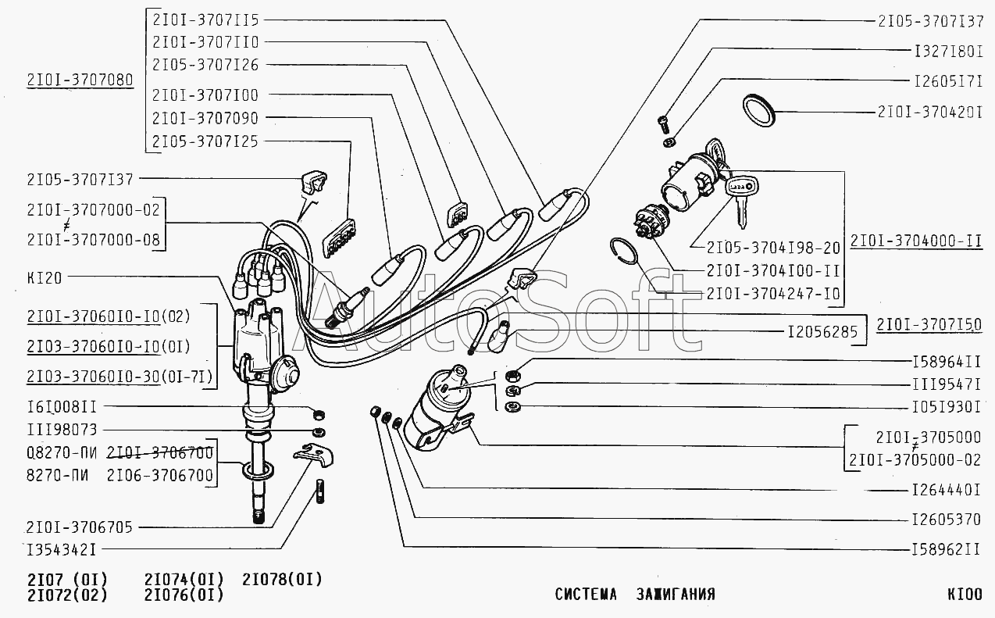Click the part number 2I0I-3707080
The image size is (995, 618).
pos(80,80)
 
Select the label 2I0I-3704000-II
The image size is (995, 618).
pos(916,241)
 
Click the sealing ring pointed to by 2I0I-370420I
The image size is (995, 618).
pos(759,110)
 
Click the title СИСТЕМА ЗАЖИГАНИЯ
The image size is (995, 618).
pos(635,594)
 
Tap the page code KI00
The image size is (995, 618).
pos(965,594)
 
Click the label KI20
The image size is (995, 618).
pos(45,278)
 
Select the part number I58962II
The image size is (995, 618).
pos(946,549)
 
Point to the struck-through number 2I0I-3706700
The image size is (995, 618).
pos(160,452)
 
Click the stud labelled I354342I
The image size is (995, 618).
pos(320,491)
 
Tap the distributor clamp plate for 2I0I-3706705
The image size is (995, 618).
pos(313,455)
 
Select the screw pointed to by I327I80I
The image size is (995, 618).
pos(664,124)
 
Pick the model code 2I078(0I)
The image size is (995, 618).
pos(282,580)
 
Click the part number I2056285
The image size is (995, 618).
pos(822,331)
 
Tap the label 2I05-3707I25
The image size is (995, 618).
pos(205,141)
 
